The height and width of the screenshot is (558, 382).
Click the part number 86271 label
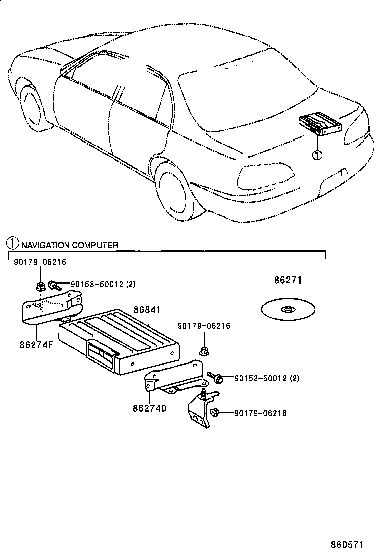[288, 281]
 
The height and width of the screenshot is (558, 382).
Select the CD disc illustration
[288, 309]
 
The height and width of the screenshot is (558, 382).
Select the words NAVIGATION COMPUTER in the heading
[69, 245]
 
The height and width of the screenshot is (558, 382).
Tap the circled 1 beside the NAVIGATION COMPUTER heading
[12, 244]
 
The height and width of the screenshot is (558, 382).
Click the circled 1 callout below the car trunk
[316, 155]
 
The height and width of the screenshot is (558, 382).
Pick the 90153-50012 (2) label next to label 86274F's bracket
[103, 285]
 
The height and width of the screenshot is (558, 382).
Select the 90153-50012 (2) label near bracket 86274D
[266, 378]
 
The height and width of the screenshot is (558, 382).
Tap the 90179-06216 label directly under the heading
[40, 262]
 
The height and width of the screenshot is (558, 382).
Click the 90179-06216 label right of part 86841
[204, 326]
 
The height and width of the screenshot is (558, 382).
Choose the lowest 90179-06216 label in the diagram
[260, 413]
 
